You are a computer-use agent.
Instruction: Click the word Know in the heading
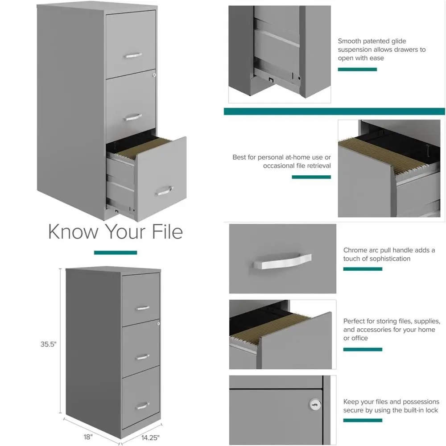[x=72, y=232]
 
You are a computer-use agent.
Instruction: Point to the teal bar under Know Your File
[x=115, y=252]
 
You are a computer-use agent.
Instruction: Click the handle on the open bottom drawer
[x=163, y=191]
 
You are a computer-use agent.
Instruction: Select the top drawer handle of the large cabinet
[x=133, y=55]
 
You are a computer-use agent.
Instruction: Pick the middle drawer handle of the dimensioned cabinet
[x=142, y=356]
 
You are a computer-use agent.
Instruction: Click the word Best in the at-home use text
[x=240, y=157]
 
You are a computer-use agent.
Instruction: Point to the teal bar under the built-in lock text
[x=363, y=420]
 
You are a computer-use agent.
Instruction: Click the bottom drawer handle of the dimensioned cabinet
[x=143, y=405]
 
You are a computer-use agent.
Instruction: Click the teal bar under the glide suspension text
[x=357, y=69]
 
